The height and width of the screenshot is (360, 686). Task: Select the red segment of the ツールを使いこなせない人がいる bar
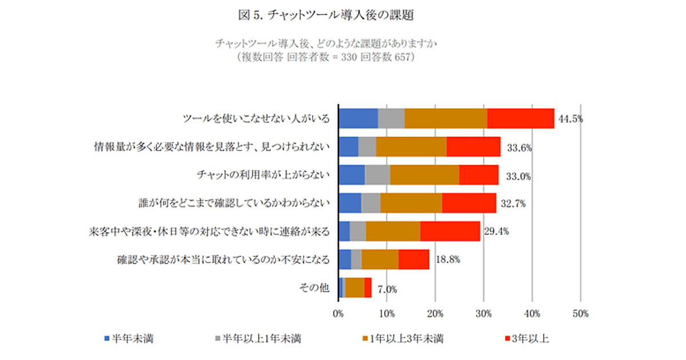click(x=521, y=118)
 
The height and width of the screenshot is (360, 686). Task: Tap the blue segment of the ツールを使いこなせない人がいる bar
click(x=358, y=118)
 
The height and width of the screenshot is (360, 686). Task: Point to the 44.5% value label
click(x=570, y=119)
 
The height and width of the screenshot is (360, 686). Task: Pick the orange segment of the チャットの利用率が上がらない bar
click(x=425, y=175)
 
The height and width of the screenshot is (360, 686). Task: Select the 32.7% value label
click(x=512, y=203)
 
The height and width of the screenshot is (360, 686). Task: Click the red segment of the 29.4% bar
click(x=450, y=231)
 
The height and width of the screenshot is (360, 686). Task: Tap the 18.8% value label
click(x=448, y=259)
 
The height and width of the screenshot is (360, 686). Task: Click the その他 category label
click(x=314, y=287)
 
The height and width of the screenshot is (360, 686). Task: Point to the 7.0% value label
click(x=386, y=289)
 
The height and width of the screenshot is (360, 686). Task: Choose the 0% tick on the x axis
click(x=338, y=313)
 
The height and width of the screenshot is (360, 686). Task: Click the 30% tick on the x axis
click(x=484, y=313)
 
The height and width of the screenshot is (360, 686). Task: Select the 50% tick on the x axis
click(x=580, y=313)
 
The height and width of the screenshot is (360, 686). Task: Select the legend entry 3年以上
click(x=528, y=338)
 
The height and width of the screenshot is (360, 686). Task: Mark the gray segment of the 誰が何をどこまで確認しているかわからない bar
click(x=370, y=203)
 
